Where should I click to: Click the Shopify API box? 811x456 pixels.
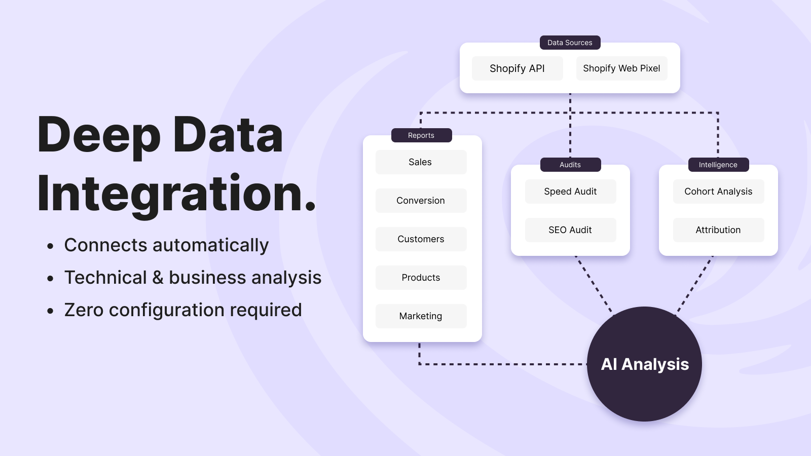tap(517, 68)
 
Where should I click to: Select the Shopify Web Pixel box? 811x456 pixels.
tap(621, 68)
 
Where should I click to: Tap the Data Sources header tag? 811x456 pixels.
tap(570, 43)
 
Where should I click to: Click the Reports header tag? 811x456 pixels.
tap(421, 135)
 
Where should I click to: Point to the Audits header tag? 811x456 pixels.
tap(571, 165)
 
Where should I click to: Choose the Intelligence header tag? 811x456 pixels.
tap(718, 165)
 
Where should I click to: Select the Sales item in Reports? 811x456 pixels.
tap(421, 162)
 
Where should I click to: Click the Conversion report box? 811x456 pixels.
tap(421, 201)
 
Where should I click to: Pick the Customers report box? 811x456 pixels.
tap(421, 239)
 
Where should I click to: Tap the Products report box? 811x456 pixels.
tap(421, 278)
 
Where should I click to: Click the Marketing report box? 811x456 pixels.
tap(421, 316)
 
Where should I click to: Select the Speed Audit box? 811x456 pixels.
tap(571, 192)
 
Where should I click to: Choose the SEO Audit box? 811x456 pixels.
tap(571, 230)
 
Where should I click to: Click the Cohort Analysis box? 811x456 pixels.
tap(718, 192)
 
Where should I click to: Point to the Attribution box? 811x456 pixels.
tap(718, 230)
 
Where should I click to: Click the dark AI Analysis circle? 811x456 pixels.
tap(644, 364)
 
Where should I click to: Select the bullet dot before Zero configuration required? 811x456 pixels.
tap(50, 311)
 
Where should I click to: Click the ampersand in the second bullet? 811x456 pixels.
tap(158, 278)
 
